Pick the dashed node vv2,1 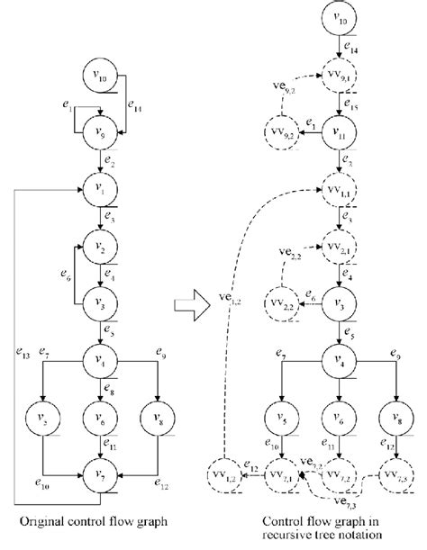pyautogui.click(x=338, y=245)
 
